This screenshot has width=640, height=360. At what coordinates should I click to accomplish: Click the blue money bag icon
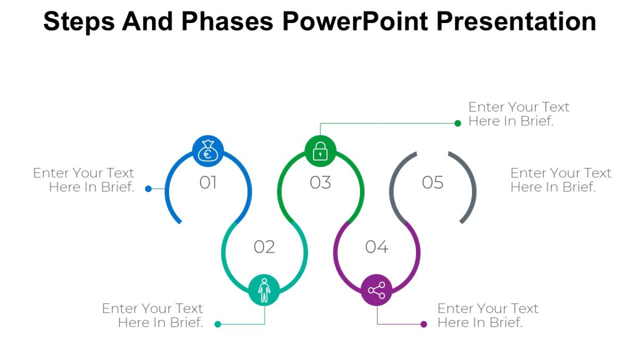[x=208, y=151]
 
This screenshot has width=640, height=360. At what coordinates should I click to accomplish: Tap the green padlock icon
[x=321, y=151]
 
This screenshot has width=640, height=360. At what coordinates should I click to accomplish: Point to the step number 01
[x=208, y=183]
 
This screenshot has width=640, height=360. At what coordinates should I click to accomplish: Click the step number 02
[x=265, y=247]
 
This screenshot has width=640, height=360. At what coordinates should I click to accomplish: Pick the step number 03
[x=321, y=183]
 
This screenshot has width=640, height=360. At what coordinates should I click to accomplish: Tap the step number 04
[x=377, y=247]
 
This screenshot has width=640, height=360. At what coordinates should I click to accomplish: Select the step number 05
[x=433, y=183]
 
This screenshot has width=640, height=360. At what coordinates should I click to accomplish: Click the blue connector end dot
[x=148, y=188]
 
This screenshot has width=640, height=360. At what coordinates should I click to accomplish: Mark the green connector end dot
[x=458, y=123]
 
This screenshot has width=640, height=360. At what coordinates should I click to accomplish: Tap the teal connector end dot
[x=218, y=324]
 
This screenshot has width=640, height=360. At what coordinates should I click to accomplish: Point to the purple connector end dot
[x=424, y=324]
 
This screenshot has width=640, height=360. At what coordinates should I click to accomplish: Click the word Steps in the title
[x=78, y=21]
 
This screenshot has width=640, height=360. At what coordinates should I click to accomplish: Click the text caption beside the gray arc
[x=561, y=180]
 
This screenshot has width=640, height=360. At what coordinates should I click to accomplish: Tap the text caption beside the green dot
[x=518, y=114]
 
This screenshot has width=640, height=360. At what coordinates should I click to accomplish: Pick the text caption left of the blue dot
[x=84, y=180]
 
